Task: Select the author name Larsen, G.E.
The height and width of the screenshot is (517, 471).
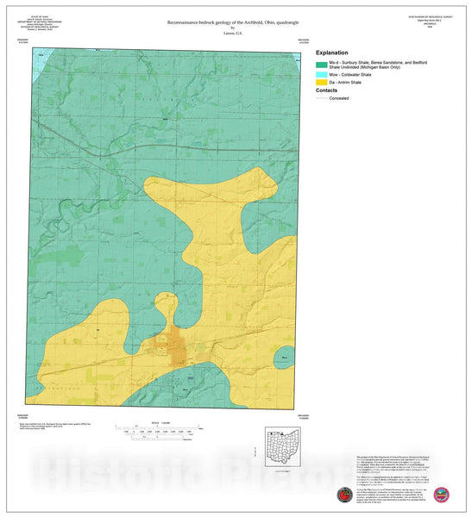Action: (x=235, y=32)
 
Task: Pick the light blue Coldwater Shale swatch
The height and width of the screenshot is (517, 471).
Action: (x=322, y=75)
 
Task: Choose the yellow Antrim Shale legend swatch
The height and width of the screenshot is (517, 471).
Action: (x=322, y=83)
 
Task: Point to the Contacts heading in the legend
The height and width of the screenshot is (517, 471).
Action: (x=327, y=90)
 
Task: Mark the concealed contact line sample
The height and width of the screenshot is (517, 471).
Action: (x=322, y=98)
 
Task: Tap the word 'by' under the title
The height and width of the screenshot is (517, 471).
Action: (x=235, y=27)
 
